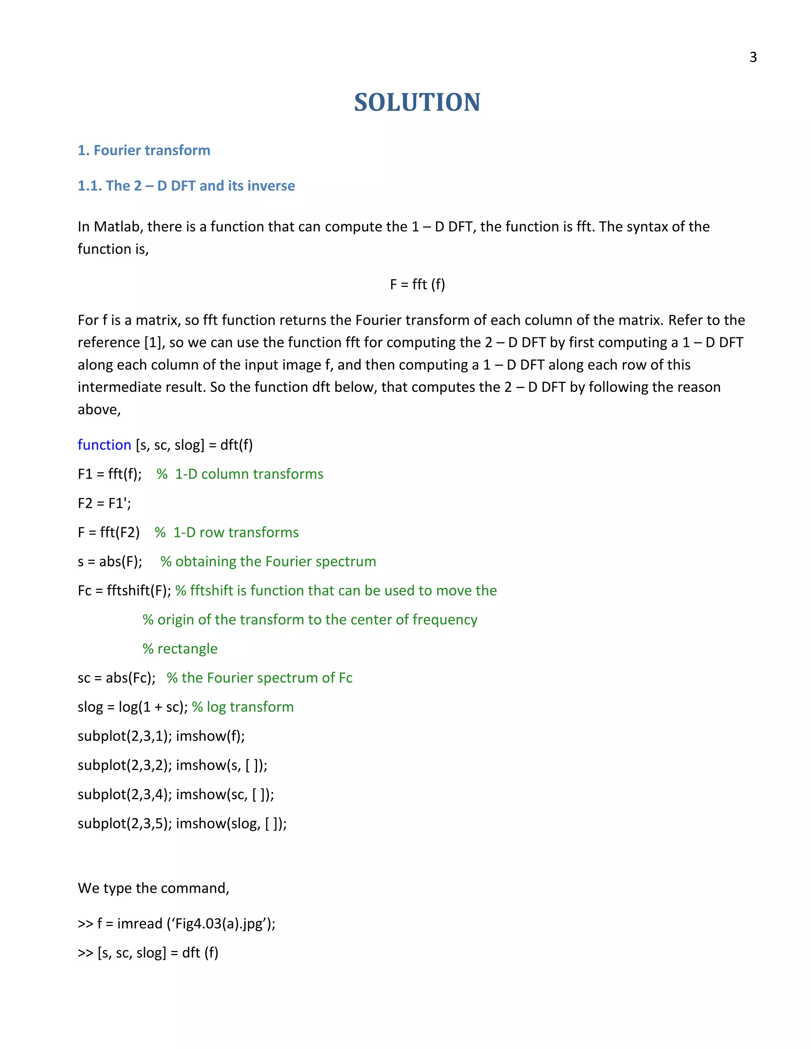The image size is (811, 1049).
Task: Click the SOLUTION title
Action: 417,102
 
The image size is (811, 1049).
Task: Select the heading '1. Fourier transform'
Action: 144,150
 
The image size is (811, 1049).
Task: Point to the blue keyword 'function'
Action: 104,445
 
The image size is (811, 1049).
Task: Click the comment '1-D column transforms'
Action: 248,474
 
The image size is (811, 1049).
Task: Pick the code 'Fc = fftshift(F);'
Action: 124,590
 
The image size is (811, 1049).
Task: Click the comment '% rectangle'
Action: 180,649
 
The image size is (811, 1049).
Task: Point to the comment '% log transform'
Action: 243,707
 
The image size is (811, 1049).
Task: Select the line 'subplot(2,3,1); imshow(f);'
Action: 161,736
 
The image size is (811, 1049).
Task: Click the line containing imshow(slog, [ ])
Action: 182,823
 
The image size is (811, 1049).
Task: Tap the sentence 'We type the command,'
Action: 153,888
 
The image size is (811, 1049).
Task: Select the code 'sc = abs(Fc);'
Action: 116,678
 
